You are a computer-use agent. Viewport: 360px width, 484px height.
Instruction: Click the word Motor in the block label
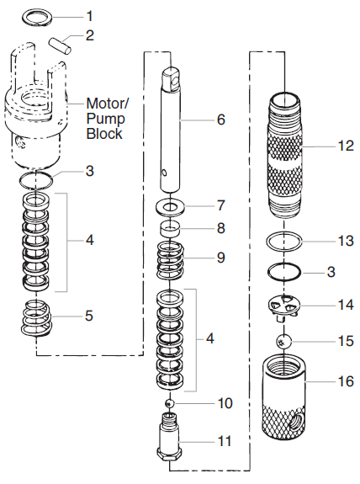pos(106,104)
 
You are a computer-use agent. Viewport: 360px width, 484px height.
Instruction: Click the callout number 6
pos(220,119)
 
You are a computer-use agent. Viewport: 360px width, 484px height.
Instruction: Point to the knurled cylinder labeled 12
pos(286,151)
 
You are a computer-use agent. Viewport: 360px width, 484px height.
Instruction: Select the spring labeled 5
pos(38,318)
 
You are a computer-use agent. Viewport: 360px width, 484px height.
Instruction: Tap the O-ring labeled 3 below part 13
pos(286,272)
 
